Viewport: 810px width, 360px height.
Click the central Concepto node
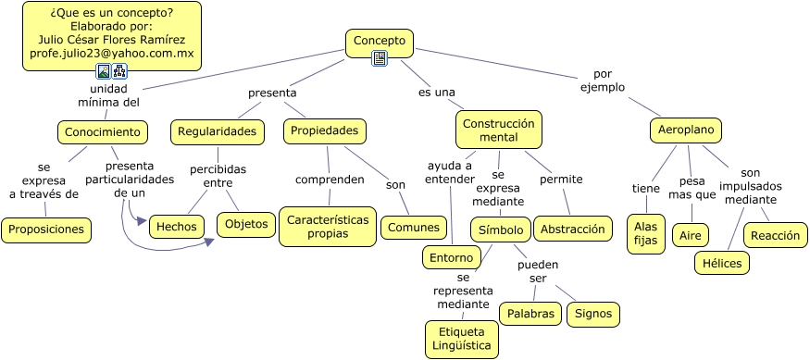tap(380, 41)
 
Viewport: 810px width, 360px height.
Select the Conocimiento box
tap(102, 132)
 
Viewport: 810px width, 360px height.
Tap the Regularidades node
tap(217, 132)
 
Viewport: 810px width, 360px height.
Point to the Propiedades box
tap(324, 131)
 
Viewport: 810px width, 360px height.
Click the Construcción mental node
tap(498, 130)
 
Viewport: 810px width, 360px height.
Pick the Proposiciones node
tap(45, 229)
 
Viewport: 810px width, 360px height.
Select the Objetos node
tap(246, 224)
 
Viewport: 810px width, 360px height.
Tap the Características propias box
tap(328, 227)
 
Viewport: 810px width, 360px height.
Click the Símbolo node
tap(502, 229)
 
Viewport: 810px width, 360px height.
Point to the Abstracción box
tap(573, 229)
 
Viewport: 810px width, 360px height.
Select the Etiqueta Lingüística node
tap(461, 340)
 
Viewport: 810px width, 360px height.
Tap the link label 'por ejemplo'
tap(603, 81)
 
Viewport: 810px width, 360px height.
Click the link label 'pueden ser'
tap(538, 271)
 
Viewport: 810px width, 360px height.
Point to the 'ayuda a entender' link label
tap(450, 172)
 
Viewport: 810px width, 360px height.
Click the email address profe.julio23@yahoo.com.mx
tap(112, 55)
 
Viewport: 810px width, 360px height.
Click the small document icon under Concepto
tap(379, 58)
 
